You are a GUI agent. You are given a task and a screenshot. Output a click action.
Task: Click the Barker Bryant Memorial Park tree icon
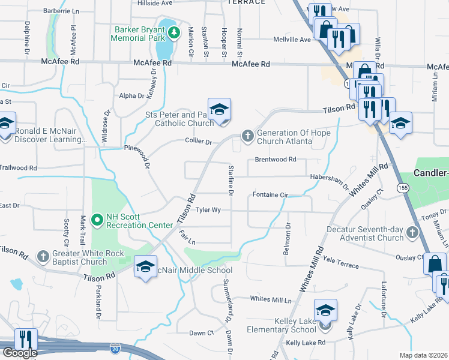[174, 32]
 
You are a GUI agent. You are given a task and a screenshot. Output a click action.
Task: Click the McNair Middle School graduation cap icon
[145, 267]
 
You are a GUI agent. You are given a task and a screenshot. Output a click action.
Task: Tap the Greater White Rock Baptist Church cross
[43, 257]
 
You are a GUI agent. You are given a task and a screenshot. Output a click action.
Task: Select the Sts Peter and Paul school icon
[220, 110]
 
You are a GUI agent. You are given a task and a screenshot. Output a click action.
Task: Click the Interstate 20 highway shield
[115, 347]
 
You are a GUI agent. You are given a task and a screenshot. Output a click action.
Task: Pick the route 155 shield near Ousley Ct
[399, 188]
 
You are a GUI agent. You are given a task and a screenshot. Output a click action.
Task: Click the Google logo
[19, 353]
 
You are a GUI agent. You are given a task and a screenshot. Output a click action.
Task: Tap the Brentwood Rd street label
[276, 160]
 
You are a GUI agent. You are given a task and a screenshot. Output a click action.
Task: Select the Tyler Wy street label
[208, 211]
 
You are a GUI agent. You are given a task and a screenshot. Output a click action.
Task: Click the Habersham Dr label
[329, 178]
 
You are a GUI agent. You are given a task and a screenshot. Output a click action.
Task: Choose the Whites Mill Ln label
[270, 299]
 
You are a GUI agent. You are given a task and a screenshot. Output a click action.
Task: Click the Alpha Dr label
[131, 95]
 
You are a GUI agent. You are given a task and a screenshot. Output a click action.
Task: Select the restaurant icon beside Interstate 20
[26, 340]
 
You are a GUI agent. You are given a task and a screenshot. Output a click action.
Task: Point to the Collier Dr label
[200, 142]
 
